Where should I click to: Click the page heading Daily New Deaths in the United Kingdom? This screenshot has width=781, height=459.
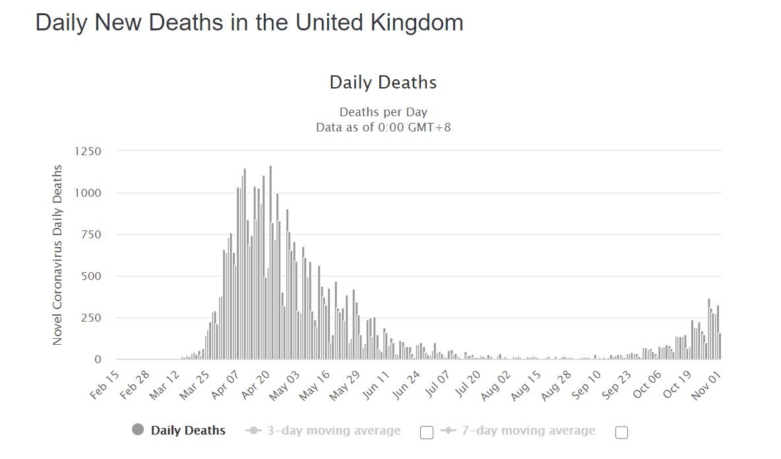pyautogui.click(x=249, y=22)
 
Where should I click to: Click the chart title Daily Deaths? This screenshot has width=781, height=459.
pyautogui.click(x=383, y=83)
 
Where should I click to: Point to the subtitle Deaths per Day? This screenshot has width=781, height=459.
pyautogui.click(x=383, y=112)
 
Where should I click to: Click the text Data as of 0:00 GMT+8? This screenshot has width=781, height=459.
pyautogui.click(x=383, y=127)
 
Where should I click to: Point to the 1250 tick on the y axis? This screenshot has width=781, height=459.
pyautogui.click(x=88, y=151)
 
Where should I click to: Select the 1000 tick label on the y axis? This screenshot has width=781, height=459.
pyautogui.click(x=88, y=193)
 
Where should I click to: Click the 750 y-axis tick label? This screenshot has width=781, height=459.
pyautogui.click(x=91, y=234)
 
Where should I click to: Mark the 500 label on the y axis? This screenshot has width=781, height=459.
pyautogui.click(x=91, y=276)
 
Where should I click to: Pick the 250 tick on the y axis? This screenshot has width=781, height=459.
pyautogui.click(x=91, y=318)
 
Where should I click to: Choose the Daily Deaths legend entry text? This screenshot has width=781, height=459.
pyautogui.click(x=188, y=431)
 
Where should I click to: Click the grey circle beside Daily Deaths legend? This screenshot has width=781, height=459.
pyautogui.click(x=138, y=430)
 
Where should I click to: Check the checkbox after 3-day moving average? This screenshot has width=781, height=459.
pyautogui.click(x=427, y=433)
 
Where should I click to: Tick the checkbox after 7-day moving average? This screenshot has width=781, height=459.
pyautogui.click(x=621, y=433)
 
